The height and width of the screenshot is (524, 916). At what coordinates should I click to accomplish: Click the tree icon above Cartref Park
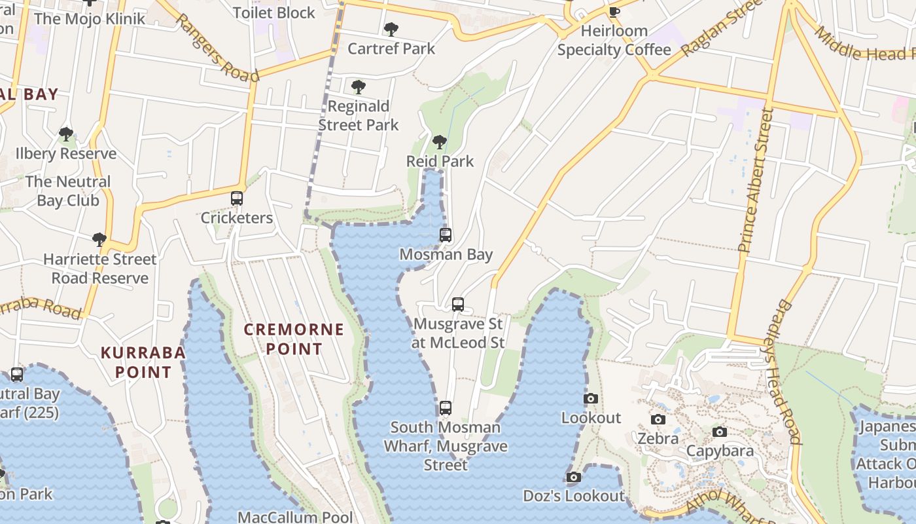pos(391,29)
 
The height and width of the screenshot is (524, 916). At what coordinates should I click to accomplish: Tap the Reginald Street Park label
pos(359,115)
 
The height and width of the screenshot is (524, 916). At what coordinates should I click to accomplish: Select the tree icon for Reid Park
pos(440,142)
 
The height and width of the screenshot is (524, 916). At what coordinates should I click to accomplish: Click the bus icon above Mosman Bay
pos(446,235)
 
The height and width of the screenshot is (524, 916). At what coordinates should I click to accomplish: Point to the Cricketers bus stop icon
pos(237,198)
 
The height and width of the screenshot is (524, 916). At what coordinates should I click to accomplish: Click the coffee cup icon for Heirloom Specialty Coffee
pos(614,12)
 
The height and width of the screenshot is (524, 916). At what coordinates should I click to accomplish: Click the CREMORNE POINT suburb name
pos(294,339)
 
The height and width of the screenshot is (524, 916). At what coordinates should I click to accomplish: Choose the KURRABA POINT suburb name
pos(143,362)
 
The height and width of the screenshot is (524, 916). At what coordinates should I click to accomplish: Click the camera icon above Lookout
pos(591,398)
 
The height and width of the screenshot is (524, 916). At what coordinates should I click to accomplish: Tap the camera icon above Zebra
pos(658,419)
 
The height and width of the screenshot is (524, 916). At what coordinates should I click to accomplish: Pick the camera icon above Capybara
pos(720,432)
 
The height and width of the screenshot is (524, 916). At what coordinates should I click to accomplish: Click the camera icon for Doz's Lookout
pos(574,477)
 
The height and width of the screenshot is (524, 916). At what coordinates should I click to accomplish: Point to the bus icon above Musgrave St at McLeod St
pos(458,305)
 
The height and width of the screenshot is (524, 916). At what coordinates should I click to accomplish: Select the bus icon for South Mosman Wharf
pos(446,408)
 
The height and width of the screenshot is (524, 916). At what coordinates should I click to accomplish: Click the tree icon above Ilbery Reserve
pos(65,134)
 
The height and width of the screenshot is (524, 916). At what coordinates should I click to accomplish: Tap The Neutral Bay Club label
pos(68,191)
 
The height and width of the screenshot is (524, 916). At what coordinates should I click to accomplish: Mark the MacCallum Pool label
pos(295,517)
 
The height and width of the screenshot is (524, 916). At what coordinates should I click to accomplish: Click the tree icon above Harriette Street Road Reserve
pos(99,240)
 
